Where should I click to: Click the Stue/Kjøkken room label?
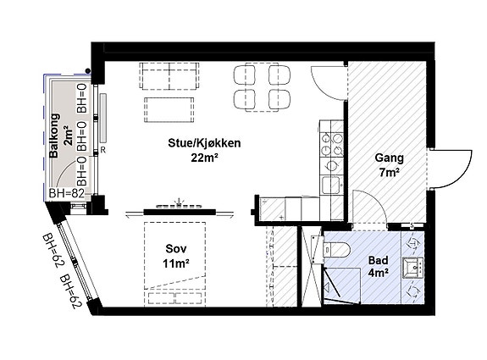[204, 143]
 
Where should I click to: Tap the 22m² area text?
[204, 158]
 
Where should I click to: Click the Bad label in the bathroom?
[378, 260]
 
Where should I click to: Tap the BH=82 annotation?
[67, 194]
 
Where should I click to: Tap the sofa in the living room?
[170, 78]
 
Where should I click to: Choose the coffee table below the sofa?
[171, 110]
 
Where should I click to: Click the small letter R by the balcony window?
[102, 150]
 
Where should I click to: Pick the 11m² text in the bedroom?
[176, 264]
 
